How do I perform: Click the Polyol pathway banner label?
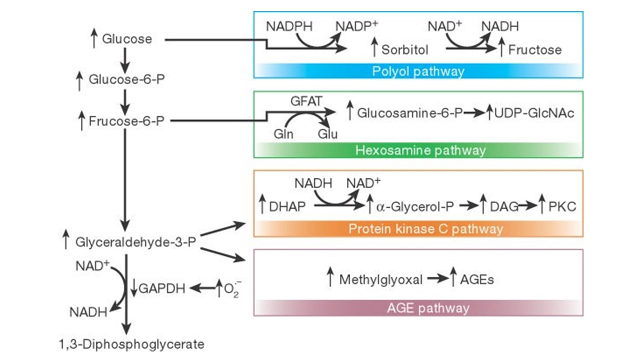click(418, 71)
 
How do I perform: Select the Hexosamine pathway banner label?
click(420, 150)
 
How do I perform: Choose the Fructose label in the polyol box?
click(534, 50)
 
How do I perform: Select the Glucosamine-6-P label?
click(408, 113)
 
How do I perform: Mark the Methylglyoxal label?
click(380, 279)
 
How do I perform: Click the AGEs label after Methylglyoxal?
click(478, 279)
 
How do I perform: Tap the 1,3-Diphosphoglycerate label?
click(131, 344)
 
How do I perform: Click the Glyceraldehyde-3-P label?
click(135, 242)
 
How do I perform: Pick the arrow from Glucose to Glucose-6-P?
click(125, 58)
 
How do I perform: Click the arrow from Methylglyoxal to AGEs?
click(438, 279)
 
